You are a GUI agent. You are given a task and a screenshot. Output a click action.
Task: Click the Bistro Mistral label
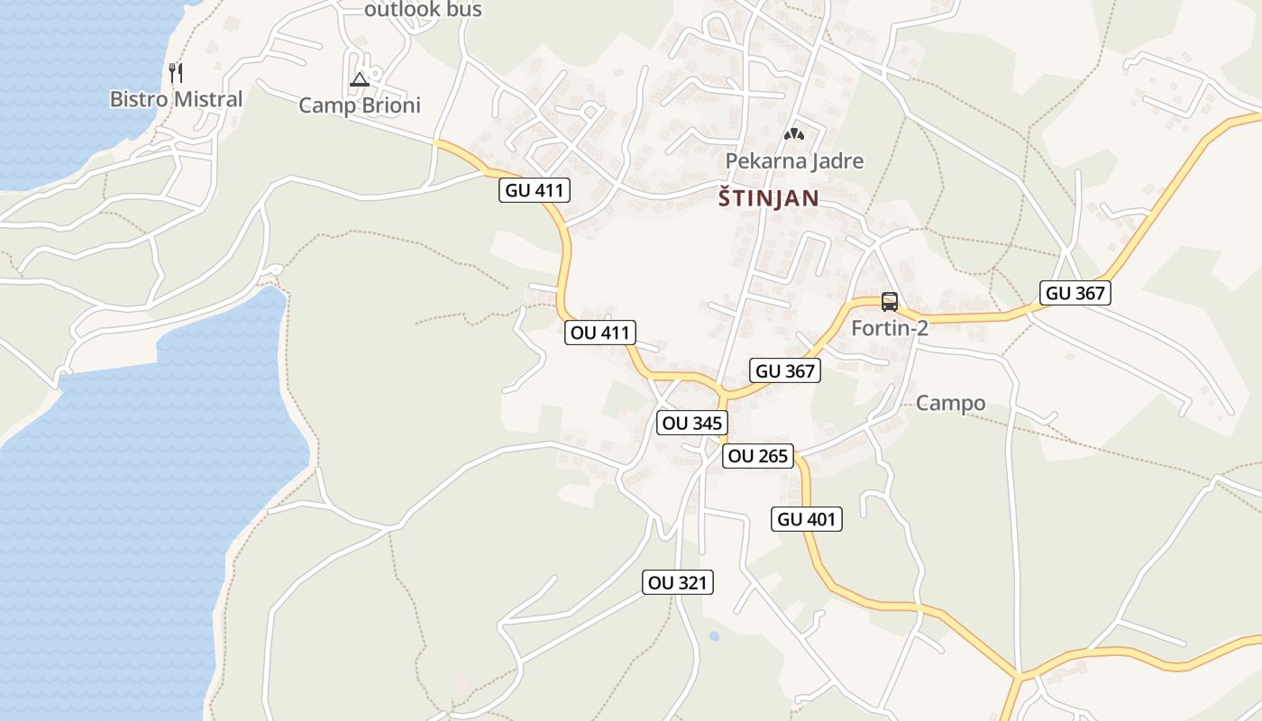[x=177, y=99]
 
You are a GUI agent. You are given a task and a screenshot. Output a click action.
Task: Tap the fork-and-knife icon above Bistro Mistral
[x=177, y=73]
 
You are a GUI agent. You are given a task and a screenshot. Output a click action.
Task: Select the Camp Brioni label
[x=360, y=105]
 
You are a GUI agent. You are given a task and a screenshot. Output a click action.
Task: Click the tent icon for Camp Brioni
[x=360, y=79]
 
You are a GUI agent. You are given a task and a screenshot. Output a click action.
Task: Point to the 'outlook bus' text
[x=423, y=10]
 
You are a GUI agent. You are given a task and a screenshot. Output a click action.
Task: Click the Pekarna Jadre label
[x=795, y=161]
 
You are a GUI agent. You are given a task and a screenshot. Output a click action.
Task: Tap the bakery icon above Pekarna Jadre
[x=794, y=135]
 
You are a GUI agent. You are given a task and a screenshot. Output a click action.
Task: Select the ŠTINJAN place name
[x=769, y=199]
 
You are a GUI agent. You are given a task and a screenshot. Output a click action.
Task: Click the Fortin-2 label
[x=890, y=329]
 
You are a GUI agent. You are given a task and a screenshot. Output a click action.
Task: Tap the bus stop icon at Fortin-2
[x=890, y=302]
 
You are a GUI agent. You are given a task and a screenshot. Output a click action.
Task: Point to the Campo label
[x=950, y=403]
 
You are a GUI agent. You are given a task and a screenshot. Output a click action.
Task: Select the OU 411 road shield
[x=601, y=333]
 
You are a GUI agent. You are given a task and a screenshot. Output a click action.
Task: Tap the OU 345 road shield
[x=691, y=423]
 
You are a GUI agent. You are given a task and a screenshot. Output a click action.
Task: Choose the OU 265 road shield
[x=758, y=456]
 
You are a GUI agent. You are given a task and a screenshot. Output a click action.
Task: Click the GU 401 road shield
[x=808, y=519]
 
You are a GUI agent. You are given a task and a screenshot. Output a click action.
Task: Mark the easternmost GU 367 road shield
[x=1075, y=293]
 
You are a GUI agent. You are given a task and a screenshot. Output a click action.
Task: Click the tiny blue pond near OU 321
[x=714, y=636]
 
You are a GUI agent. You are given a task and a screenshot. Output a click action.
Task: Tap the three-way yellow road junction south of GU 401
[x=1019, y=674]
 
